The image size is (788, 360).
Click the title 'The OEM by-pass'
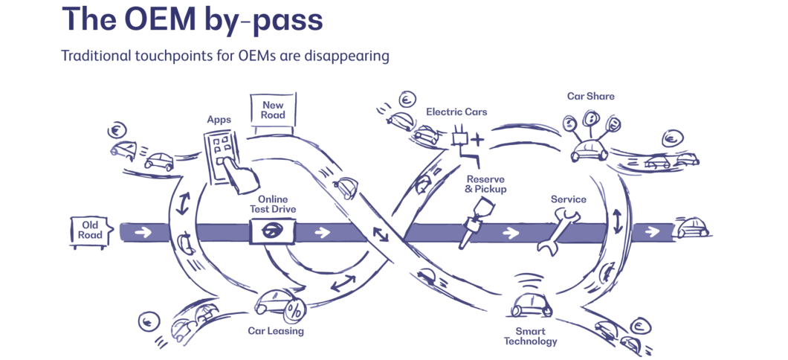pos(193,20)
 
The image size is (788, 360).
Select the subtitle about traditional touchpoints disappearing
pos(225,57)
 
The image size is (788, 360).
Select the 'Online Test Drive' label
pos(273,205)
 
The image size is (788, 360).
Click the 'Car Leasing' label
pos(277,331)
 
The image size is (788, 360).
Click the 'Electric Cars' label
pos(456,112)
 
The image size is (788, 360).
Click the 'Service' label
pos(568,199)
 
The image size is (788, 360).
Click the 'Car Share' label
pos(590,96)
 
